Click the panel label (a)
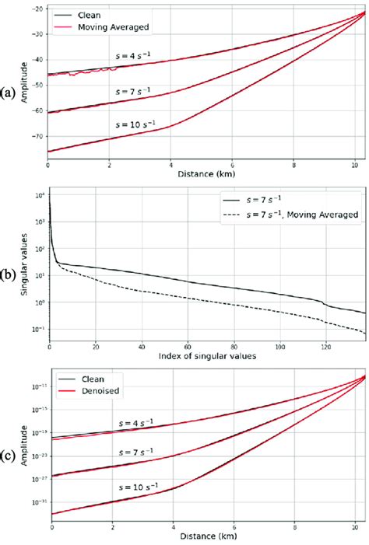[9, 92]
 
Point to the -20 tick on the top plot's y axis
[36, 9]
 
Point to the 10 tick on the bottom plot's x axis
[359, 529]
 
